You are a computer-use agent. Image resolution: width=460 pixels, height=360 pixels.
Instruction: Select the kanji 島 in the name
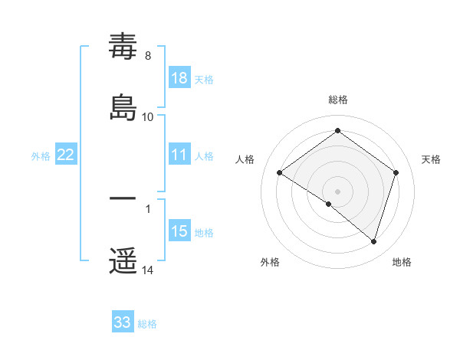123,106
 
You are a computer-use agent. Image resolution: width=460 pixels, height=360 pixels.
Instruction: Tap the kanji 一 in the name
123,199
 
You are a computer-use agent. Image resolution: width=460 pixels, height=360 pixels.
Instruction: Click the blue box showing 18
179,78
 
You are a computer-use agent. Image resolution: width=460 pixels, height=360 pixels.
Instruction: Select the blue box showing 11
179,155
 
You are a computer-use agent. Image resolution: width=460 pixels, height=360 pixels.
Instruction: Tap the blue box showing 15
179,231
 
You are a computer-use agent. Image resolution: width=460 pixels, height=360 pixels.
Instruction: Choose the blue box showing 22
66,155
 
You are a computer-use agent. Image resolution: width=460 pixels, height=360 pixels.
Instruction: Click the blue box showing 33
123,322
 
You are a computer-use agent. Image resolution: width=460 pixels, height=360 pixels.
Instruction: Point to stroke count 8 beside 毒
148,56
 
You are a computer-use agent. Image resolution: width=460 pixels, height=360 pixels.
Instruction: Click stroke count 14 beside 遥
148,270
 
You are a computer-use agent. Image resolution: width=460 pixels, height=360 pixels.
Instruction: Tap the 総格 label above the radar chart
337,100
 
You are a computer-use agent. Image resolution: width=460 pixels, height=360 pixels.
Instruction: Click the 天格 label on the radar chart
431,159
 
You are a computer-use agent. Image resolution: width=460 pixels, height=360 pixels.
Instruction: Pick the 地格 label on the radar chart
402,262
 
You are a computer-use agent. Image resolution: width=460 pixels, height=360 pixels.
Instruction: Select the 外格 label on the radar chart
270,262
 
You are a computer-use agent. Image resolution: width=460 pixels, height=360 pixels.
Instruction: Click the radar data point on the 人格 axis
280,173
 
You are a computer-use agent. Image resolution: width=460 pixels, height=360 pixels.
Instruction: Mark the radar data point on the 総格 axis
337,131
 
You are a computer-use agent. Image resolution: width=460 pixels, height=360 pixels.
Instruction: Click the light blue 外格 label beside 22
41,155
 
